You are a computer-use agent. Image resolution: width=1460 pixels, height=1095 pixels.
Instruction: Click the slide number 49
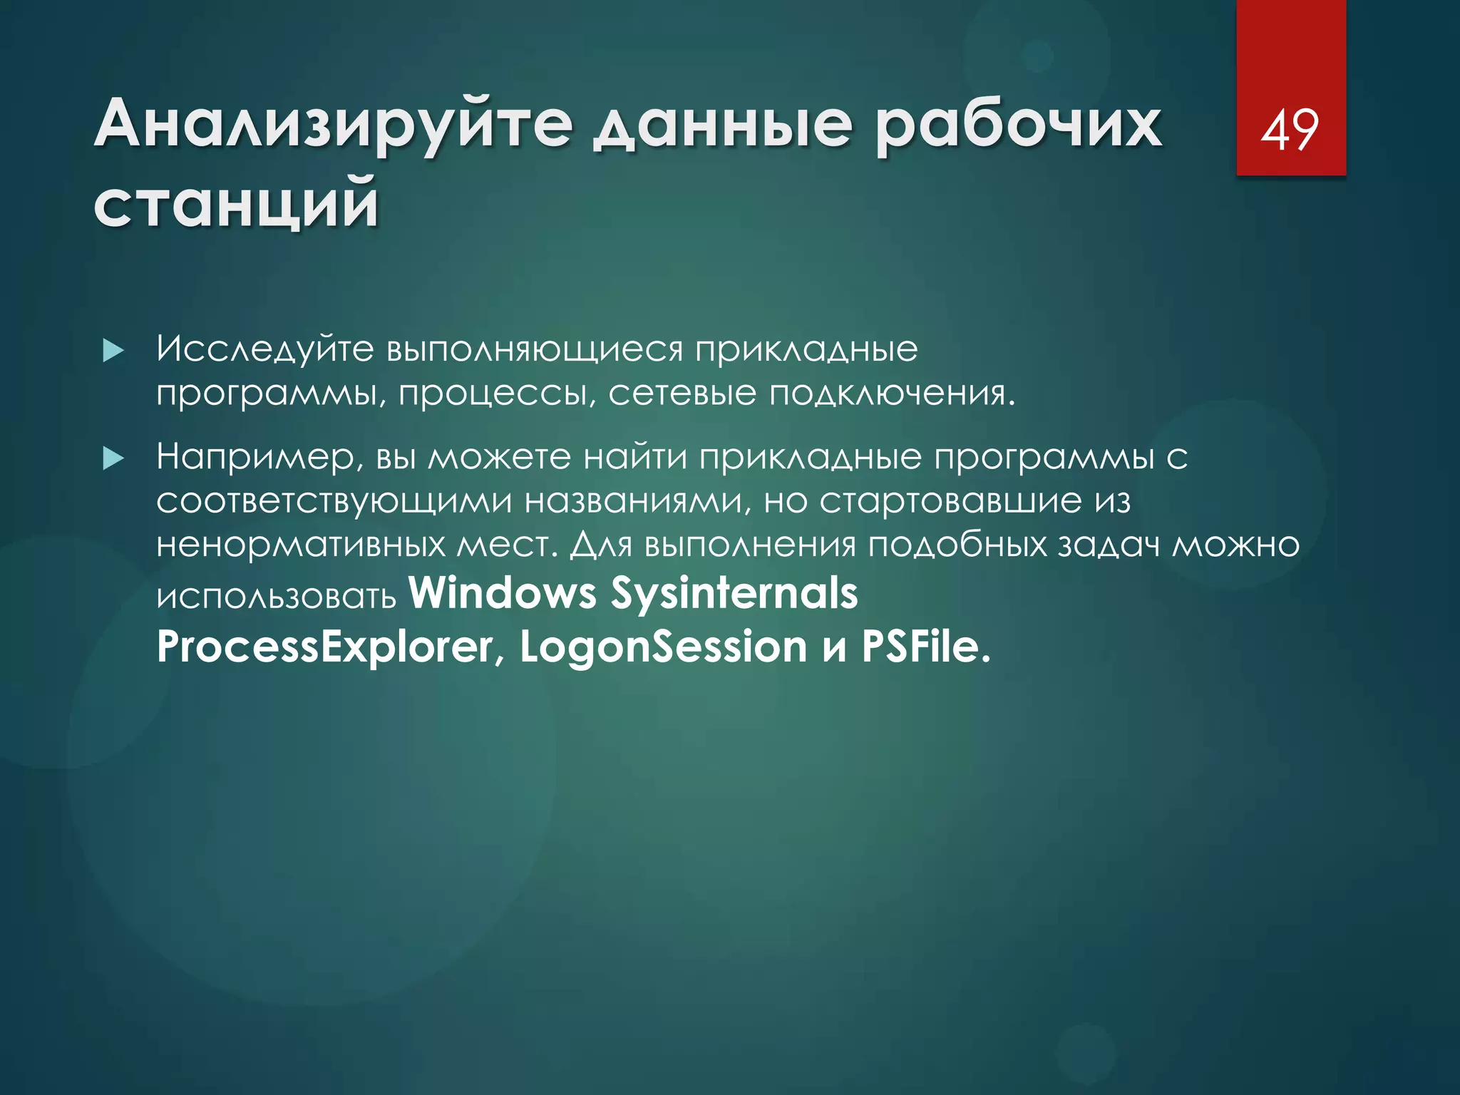coord(1290,130)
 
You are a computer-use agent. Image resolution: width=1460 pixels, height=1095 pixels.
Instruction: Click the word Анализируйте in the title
coord(334,125)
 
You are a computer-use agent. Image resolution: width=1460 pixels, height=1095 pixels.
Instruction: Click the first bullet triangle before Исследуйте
coord(113,351)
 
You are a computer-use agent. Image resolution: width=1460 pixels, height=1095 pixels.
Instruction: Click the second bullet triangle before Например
coord(113,458)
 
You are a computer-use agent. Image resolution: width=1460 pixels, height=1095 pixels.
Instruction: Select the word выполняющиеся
coord(535,350)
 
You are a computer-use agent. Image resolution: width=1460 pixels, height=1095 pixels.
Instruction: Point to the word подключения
coord(891,394)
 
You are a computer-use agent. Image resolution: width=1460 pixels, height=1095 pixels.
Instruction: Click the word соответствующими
coord(334,501)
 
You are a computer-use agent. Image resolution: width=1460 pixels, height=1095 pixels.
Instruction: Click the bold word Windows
coord(503,593)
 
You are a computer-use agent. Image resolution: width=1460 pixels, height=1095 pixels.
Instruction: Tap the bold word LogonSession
coord(663,647)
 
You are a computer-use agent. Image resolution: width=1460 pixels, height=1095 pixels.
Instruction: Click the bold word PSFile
coord(925,647)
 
